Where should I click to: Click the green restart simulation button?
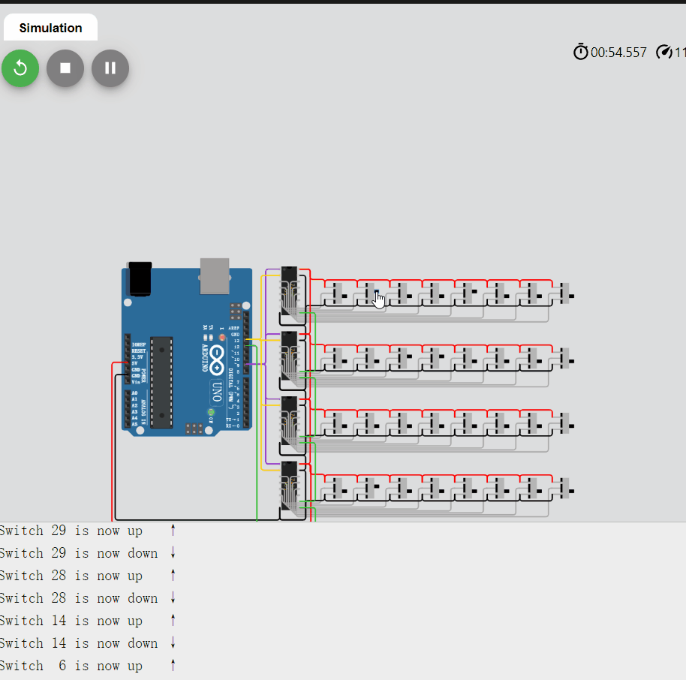[x=20, y=68]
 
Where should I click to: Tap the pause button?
[x=110, y=68]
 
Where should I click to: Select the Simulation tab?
[x=50, y=28]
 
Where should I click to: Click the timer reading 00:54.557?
[x=618, y=53]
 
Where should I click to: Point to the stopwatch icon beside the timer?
[x=581, y=52]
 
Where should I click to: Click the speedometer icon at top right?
[x=663, y=52]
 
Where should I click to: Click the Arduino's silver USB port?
[x=215, y=275]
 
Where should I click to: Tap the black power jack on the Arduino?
[x=140, y=278]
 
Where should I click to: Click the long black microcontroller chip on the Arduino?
[x=161, y=383]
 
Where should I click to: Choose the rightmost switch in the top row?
[x=565, y=294]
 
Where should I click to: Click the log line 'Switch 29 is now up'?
[x=71, y=531]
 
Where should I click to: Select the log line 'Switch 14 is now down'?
[x=78, y=643]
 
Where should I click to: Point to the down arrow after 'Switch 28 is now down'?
[x=173, y=598]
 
